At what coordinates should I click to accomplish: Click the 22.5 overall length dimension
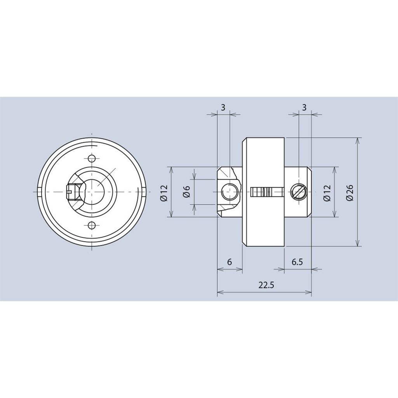266,286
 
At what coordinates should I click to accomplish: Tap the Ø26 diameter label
350,193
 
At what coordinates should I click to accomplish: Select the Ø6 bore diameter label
186,191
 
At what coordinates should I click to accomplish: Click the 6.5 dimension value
297,262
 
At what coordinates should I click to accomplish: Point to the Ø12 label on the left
164,193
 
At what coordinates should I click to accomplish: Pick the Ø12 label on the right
327,193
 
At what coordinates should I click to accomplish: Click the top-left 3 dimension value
223,108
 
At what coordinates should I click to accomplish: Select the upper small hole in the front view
92,159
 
